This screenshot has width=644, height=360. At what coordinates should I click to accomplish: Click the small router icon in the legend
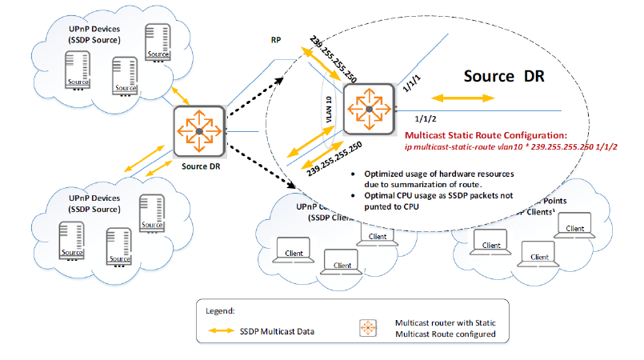point(368,329)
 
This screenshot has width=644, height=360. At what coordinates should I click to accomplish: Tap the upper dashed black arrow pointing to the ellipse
point(255,100)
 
